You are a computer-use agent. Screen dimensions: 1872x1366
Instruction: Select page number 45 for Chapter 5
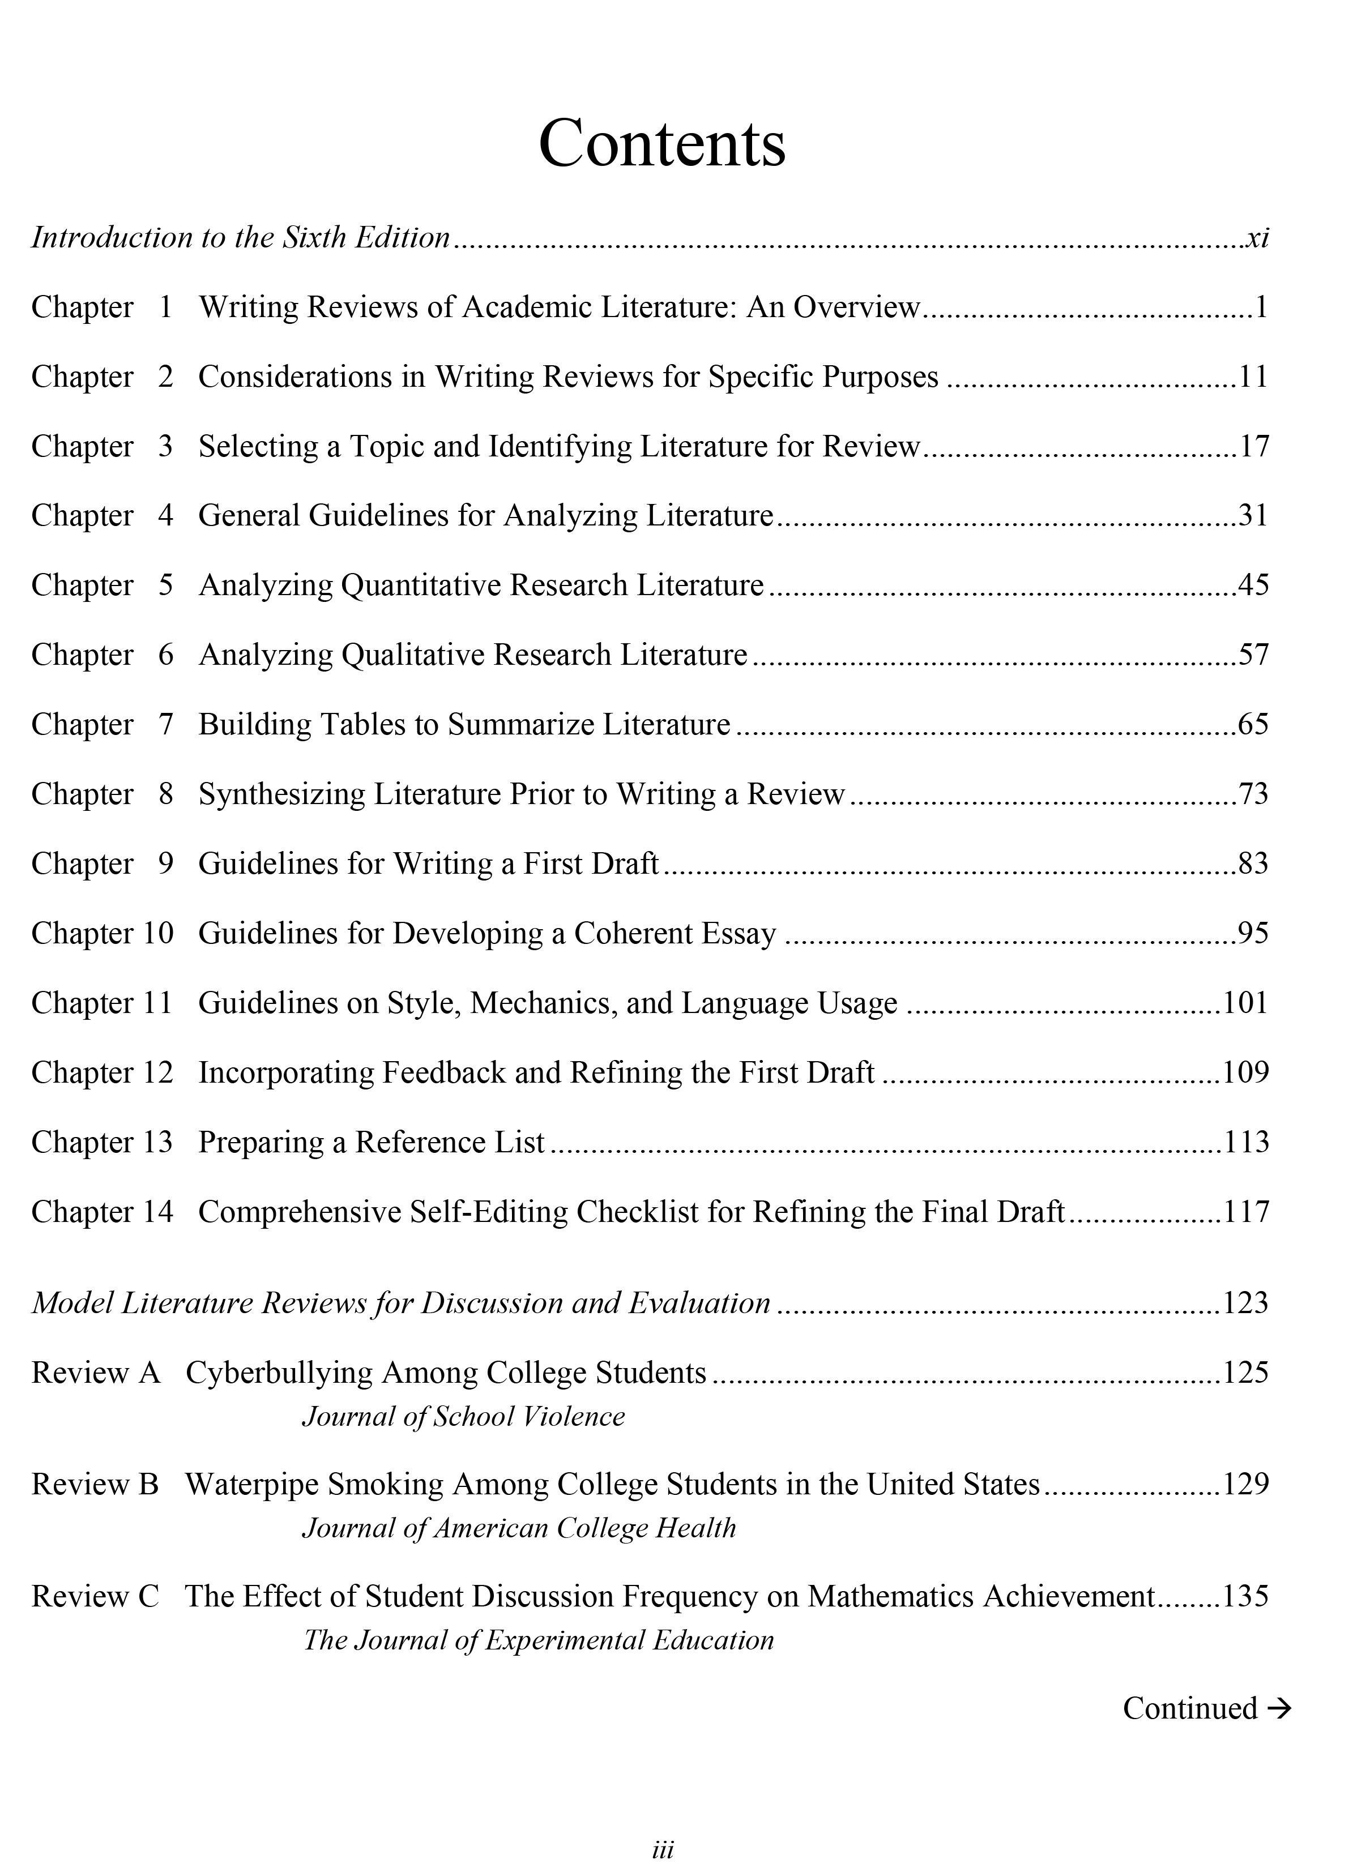(1253, 585)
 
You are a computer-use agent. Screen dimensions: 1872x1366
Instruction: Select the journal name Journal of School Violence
(463, 1416)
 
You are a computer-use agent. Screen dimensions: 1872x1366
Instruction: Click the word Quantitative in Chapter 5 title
(420, 585)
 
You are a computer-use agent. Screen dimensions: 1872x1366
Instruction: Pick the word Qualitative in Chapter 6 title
(412, 655)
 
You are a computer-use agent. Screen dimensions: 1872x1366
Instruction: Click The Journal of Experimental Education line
(538, 1640)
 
